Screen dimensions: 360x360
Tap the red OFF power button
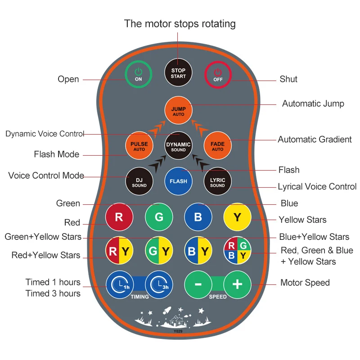[218, 75]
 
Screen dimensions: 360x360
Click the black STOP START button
[178, 72]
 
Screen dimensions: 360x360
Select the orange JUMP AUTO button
[178, 110]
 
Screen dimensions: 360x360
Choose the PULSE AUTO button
[139, 145]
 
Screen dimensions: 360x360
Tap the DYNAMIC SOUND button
[178, 145]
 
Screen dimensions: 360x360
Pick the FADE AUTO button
[218, 145]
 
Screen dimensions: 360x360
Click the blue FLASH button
[178, 181]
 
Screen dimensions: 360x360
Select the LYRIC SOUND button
[218, 181]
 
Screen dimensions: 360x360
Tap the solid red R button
[119, 217]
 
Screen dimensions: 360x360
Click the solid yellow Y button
[238, 217]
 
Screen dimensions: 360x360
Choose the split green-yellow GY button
[159, 251]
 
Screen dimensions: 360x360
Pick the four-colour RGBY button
[238, 251]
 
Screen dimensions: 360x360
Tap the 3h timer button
[159, 285]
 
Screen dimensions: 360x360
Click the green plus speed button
[238, 285]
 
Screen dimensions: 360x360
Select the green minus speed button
[198, 285]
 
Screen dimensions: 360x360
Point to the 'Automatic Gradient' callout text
[315, 139]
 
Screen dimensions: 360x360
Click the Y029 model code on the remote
[178, 331]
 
